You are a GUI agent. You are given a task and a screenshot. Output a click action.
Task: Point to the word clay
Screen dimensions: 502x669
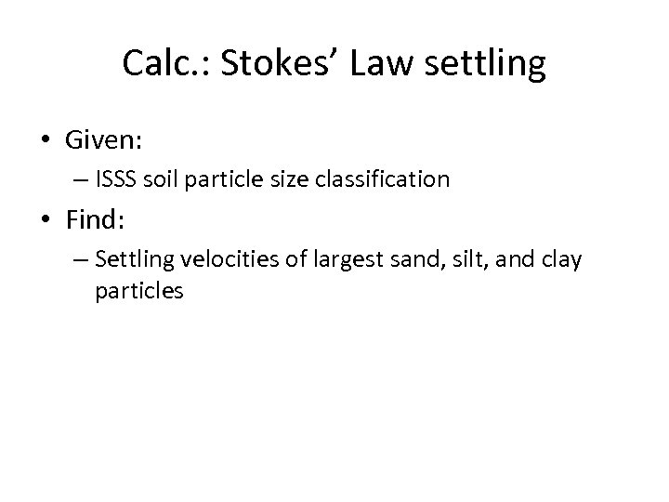(562, 260)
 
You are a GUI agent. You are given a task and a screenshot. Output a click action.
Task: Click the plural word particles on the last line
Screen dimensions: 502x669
(138, 291)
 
